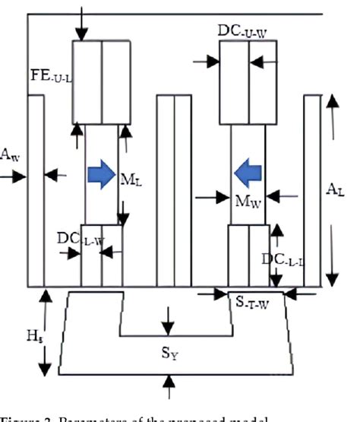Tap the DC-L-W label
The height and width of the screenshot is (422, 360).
79,237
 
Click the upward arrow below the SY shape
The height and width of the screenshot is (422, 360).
169,388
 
